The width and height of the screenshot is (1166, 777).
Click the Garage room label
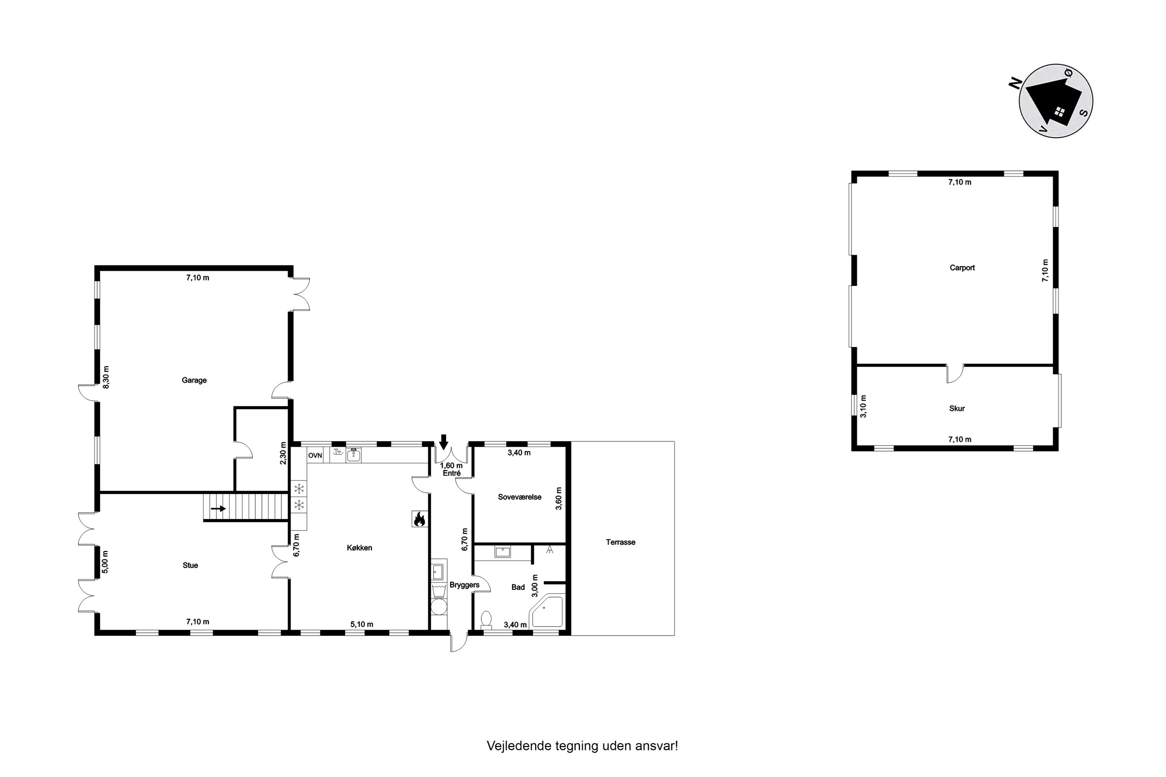coord(194,380)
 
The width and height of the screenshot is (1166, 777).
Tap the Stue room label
coord(190,565)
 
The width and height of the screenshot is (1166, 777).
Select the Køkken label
coord(360,547)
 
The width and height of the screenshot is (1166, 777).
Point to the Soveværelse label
coord(520,497)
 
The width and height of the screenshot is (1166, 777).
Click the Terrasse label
coord(621,542)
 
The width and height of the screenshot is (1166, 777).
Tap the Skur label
coord(957,408)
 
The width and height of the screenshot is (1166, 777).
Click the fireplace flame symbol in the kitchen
coord(419,519)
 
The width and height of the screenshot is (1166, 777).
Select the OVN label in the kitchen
coord(315,455)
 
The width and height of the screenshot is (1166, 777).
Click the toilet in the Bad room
coord(486,620)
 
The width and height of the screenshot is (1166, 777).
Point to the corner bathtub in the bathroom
coord(547,611)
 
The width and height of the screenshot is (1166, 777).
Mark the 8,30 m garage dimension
coord(106,377)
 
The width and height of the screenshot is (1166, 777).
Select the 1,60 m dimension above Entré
coord(451,466)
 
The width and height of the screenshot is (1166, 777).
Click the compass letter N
coord(1015,83)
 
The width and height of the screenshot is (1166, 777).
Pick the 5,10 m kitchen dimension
coord(362,624)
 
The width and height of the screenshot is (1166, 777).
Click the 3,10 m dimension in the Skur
coord(863,406)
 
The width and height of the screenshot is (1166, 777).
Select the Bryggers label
coord(464,585)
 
